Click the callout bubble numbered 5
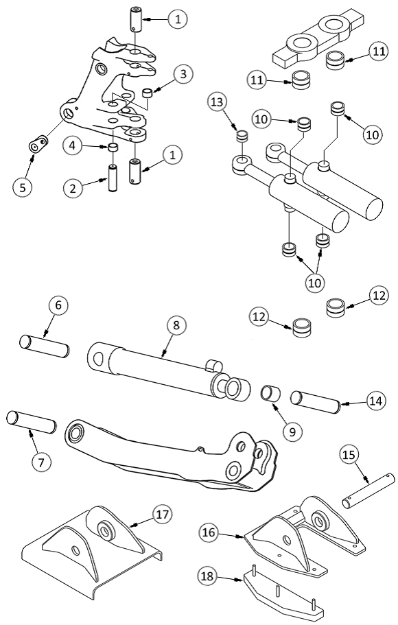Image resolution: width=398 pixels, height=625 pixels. point(23,187)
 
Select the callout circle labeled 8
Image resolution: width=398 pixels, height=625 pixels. point(176,325)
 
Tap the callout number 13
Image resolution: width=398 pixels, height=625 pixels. point(218,102)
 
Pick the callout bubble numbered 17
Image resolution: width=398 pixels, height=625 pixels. point(162,515)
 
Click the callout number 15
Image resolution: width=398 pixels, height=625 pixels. point(349,455)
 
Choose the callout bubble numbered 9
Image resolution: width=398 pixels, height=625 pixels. point(292,432)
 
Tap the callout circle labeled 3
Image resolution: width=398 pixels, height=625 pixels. point(183,74)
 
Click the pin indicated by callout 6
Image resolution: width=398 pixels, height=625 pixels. point(45,346)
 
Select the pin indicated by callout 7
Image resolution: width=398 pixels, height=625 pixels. point(31,422)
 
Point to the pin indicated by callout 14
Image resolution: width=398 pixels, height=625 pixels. point(316,402)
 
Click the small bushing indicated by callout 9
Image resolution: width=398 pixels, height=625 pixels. point(270,392)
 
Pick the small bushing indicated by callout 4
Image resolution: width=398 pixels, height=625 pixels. point(113,148)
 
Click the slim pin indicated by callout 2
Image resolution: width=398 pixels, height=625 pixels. point(112,178)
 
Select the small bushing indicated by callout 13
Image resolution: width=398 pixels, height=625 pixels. point(242,136)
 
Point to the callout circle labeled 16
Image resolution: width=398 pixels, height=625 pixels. point(209,532)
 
